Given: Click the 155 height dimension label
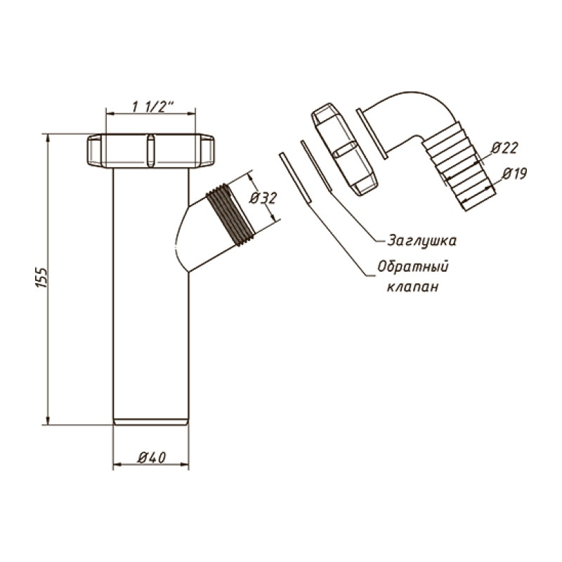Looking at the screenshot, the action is click(x=41, y=277).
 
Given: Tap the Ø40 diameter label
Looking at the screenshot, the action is click(x=152, y=458).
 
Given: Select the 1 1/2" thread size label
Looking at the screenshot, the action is click(x=152, y=107).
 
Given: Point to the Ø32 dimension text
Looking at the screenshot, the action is click(x=263, y=198).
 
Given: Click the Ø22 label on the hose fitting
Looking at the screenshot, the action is click(x=504, y=148).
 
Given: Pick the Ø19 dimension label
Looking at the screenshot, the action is click(x=514, y=174).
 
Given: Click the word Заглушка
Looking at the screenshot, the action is click(x=422, y=240).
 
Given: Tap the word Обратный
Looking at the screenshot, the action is click(x=413, y=267).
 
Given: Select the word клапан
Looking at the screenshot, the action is click(x=412, y=287).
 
